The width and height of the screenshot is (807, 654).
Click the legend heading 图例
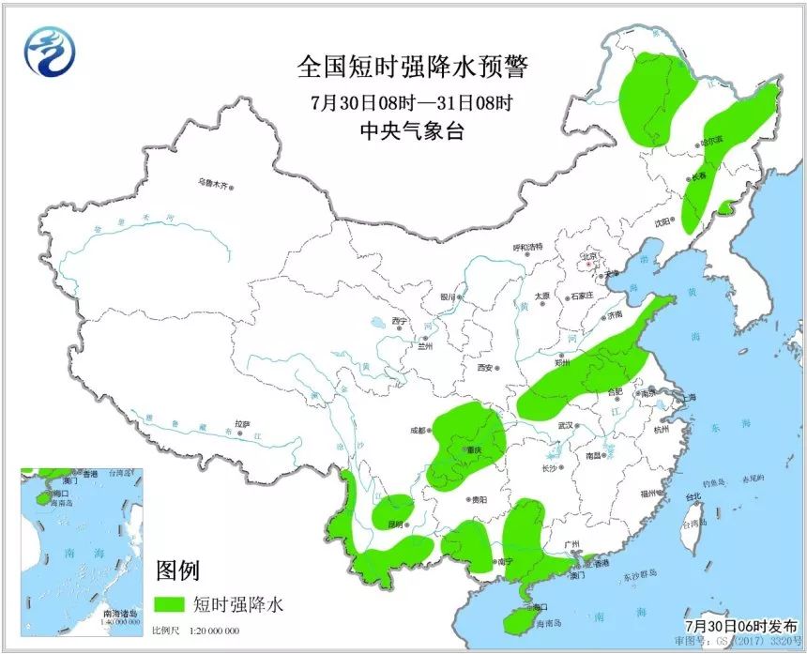[x=176, y=570]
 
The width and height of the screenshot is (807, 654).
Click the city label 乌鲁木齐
[x=212, y=183]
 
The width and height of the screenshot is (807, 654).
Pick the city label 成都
[x=417, y=431]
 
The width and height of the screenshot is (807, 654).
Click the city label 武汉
[x=565, y=425]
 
